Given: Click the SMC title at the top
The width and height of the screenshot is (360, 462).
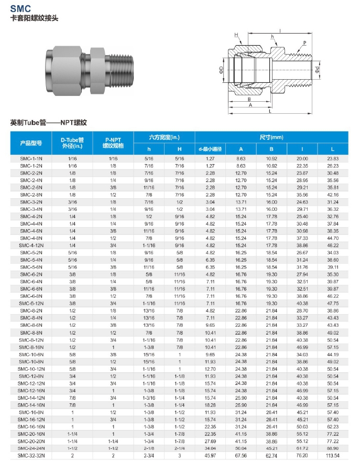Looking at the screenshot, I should click(x=20, y=8).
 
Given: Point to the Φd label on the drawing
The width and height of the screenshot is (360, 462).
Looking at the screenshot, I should click(x=317, y=69).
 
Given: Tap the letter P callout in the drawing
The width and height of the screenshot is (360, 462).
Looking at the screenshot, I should click(x=304, y=42).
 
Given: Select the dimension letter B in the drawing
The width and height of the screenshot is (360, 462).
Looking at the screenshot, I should click(x=249, y=99).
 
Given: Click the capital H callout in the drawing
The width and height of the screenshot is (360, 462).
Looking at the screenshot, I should click(x=237, y=35).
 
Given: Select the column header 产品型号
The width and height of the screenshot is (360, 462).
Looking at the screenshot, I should click(x=31, y=143).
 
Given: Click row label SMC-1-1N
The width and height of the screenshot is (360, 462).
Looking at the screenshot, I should click(x=31, y=158).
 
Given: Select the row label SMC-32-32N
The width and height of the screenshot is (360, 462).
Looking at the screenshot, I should click(x=31, y=456).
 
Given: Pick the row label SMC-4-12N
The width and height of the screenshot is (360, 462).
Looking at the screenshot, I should click(x=31, y=245).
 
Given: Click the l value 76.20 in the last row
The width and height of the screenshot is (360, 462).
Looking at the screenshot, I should click(x=302, y=456).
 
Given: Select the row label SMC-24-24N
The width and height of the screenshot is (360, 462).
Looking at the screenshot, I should click(x=31, y=448).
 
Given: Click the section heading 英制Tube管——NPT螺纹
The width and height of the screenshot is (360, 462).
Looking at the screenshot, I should click(x=48, y=122).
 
